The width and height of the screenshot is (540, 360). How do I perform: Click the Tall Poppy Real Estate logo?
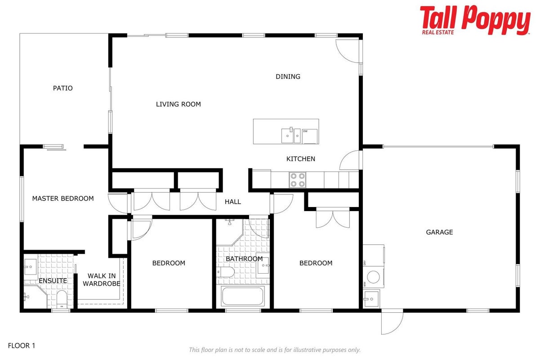click(x=475, y=20)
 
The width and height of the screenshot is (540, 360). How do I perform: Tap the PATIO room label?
click(x=62, y=88)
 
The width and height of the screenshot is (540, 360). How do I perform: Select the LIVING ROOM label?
click(x=178, y=104)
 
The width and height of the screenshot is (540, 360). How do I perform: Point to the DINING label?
click(x=288, y=76)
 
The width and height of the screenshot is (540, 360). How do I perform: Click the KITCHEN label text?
click(x=301, y=159)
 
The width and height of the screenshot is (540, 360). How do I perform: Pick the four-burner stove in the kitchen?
click(x=298, y=180)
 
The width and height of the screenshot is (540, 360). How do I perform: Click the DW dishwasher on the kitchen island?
click(x=310, y=136)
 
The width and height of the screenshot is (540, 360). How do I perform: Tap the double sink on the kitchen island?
click(x=291, y=135)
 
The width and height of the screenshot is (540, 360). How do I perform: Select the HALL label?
click(x=232, y=202)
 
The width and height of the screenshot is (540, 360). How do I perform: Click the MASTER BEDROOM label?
click(x=63, y=198)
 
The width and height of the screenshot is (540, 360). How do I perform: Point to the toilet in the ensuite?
click(x=62, y=299)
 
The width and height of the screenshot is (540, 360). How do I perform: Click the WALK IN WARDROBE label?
click(x=102, y=279)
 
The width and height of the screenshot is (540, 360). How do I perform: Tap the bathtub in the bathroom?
click(x=242, y=296)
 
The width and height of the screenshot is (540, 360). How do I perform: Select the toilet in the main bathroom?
click(x=225, y=272)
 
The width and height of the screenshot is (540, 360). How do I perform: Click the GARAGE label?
click(x=439, y=232)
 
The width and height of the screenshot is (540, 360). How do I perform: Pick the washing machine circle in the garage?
click(x=374, y=277)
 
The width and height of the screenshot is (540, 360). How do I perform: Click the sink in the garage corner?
click(x=371, y=299)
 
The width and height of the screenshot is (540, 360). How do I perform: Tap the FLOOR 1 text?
click(x=22, y=346)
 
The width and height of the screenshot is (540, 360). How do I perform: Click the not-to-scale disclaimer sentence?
click(x=275, y=350)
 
